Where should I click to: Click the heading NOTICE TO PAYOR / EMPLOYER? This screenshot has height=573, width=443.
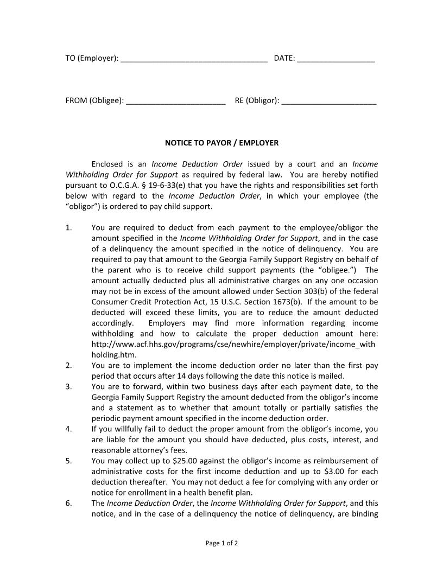(x=221, y=143)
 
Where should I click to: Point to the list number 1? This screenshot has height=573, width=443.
(x=68, y=228)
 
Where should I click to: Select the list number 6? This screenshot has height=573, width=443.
(x=68, y=504)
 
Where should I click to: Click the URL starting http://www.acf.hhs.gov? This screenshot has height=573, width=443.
(x=233, y=345)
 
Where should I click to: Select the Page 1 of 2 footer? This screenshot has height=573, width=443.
(x=221, y=543)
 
